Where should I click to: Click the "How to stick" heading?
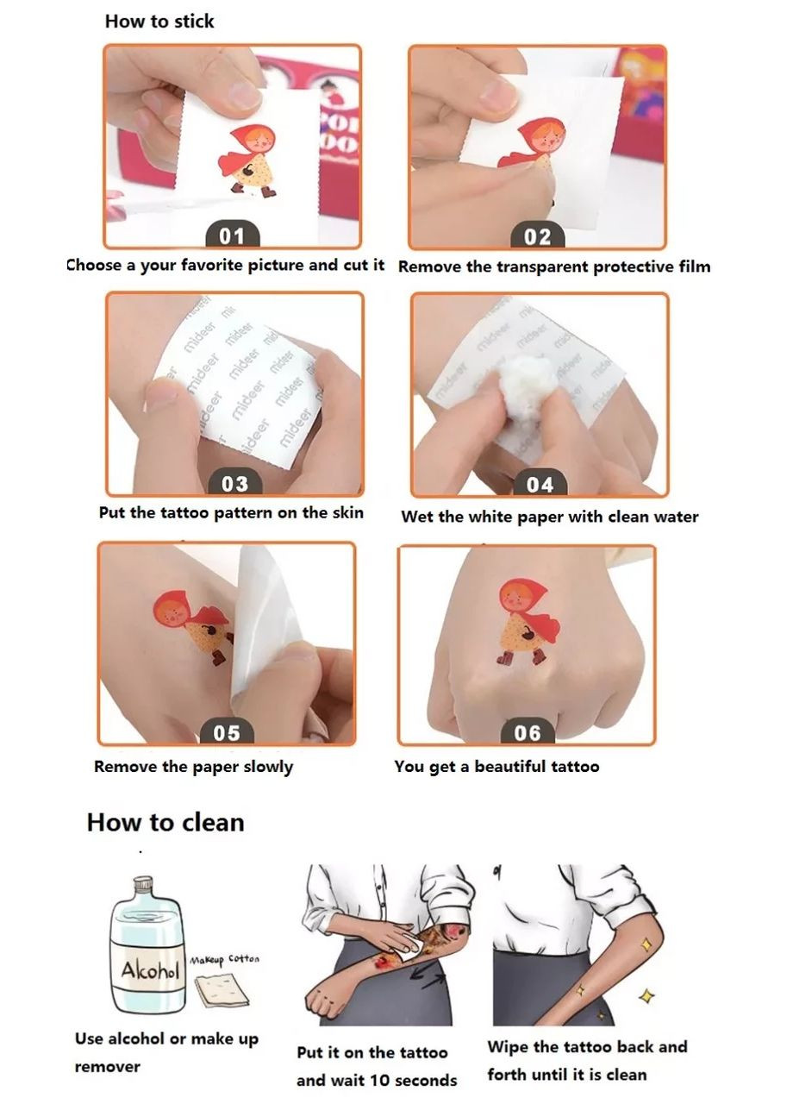[x=159, y=22]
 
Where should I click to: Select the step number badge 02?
[x=537, y=236]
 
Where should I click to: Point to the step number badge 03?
[x=235, y=484]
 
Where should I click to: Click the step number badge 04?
[x=540, y=485]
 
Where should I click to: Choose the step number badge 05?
[x=227, y=732]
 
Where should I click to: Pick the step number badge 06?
[x=528, y=733]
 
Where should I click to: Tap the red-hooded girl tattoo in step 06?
[x=528, y=622]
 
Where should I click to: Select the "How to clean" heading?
[x=165, y=822]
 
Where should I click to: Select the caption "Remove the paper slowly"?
[x=194, y=767]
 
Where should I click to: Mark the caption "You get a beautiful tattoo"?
[x=496, y=767]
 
